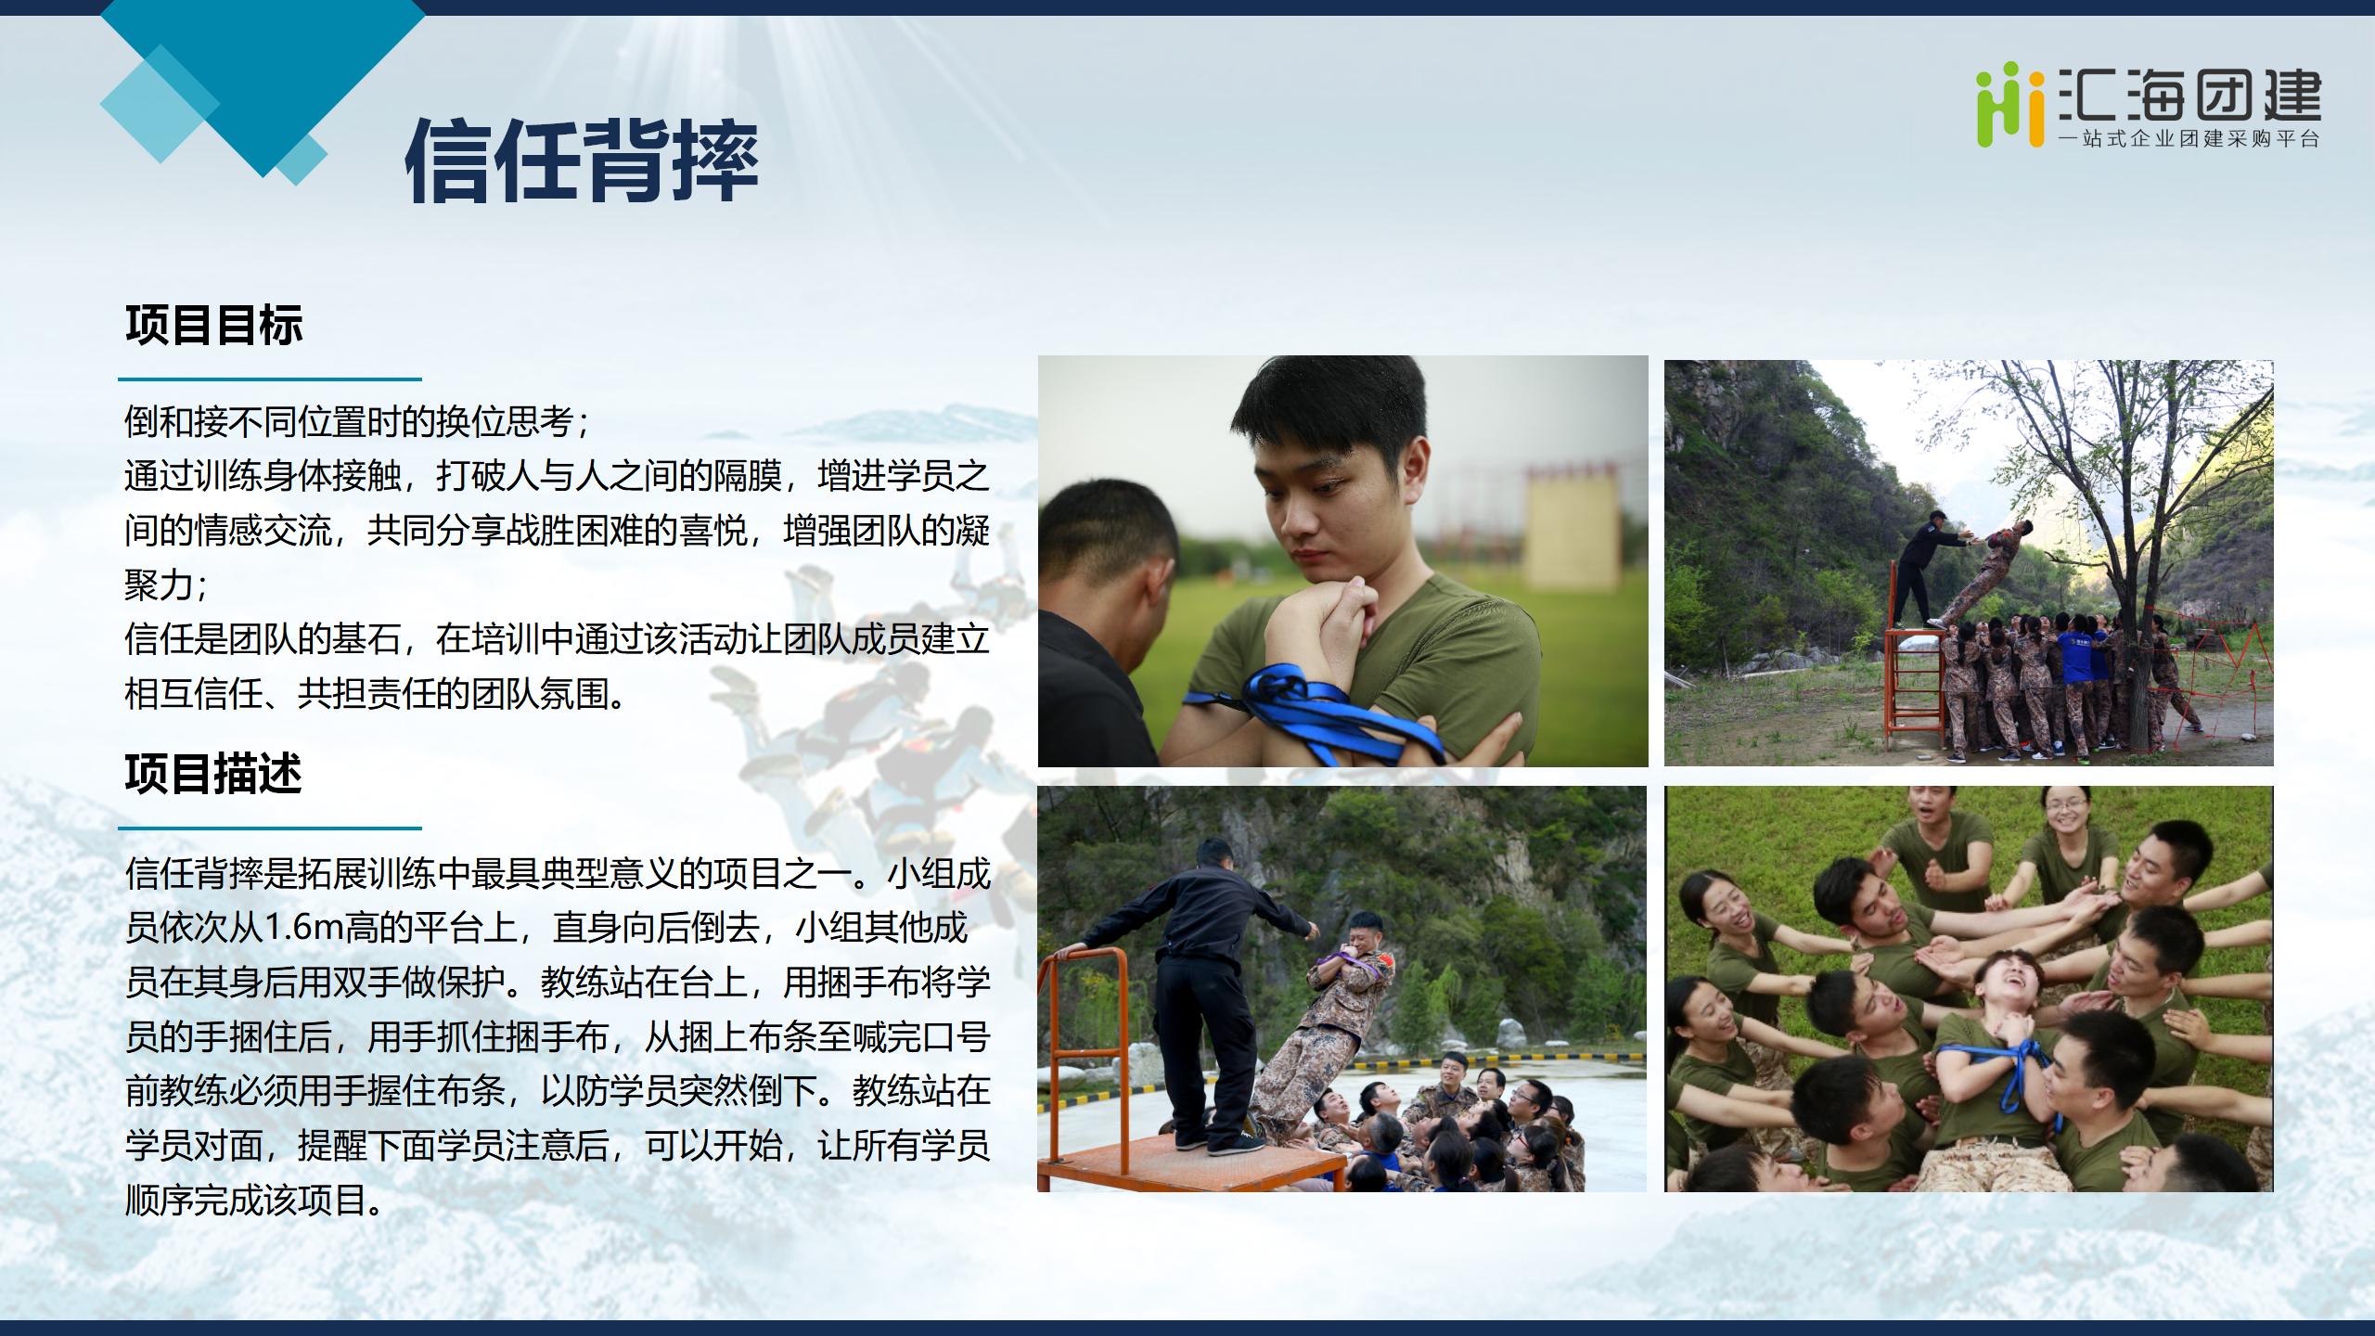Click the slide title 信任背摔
(582, 161)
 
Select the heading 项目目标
(214, 326)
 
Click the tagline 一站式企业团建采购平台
(2189, 139)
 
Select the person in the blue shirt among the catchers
(2073, 682)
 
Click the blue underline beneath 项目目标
(270, 379)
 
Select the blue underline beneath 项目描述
(270, 829)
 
